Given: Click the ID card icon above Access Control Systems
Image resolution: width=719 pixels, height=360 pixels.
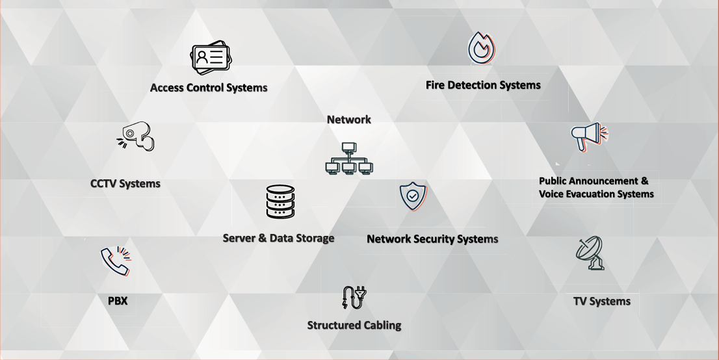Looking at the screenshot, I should pos(211,59).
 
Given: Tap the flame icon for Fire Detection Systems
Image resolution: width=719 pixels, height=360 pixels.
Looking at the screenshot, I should pos(482,49).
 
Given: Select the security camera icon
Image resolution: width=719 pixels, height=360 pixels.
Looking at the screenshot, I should pos(137,136).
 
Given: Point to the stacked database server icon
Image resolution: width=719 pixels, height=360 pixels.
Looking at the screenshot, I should pos(280,201).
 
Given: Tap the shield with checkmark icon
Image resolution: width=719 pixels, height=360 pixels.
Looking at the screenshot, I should pos(413,196).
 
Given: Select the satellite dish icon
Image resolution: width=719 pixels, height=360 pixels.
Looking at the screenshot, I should pos(590,253).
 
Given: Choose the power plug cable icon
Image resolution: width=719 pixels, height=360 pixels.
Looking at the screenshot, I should pos(354,297).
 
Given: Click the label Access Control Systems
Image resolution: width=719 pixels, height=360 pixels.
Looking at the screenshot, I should pos(209,88).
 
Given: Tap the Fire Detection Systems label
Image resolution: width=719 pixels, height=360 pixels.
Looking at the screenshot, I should pos(483,85).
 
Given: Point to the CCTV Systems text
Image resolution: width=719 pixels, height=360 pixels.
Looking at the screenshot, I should pos(125,184).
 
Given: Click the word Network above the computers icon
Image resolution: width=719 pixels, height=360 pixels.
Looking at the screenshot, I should pos(349,120).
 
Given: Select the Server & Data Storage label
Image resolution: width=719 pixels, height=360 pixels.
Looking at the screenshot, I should pos(278,238).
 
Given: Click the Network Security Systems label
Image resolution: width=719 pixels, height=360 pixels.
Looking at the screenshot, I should pos(432,239).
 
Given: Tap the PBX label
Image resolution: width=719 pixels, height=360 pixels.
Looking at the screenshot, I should pos(118,301).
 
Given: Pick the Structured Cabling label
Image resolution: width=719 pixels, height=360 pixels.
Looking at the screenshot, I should pos(354,325).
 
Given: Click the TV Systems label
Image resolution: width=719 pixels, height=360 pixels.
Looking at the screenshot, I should pos(602,302).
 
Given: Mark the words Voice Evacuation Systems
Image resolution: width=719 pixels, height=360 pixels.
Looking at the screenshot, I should pos(596,194).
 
